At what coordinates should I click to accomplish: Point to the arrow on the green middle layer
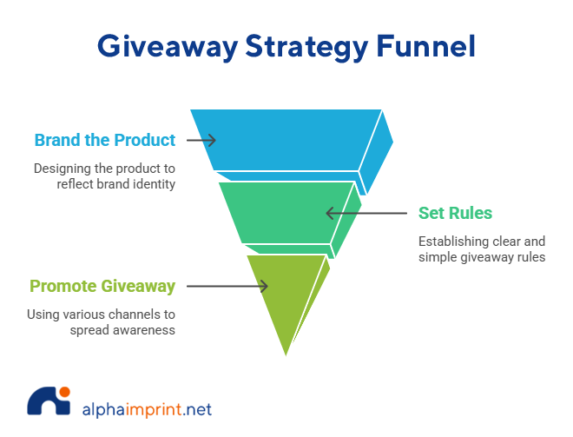[x=342, y=213]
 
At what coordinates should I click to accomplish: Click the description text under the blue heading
[x=105, y=171]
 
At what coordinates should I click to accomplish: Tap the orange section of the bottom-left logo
[x=153, y=403]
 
